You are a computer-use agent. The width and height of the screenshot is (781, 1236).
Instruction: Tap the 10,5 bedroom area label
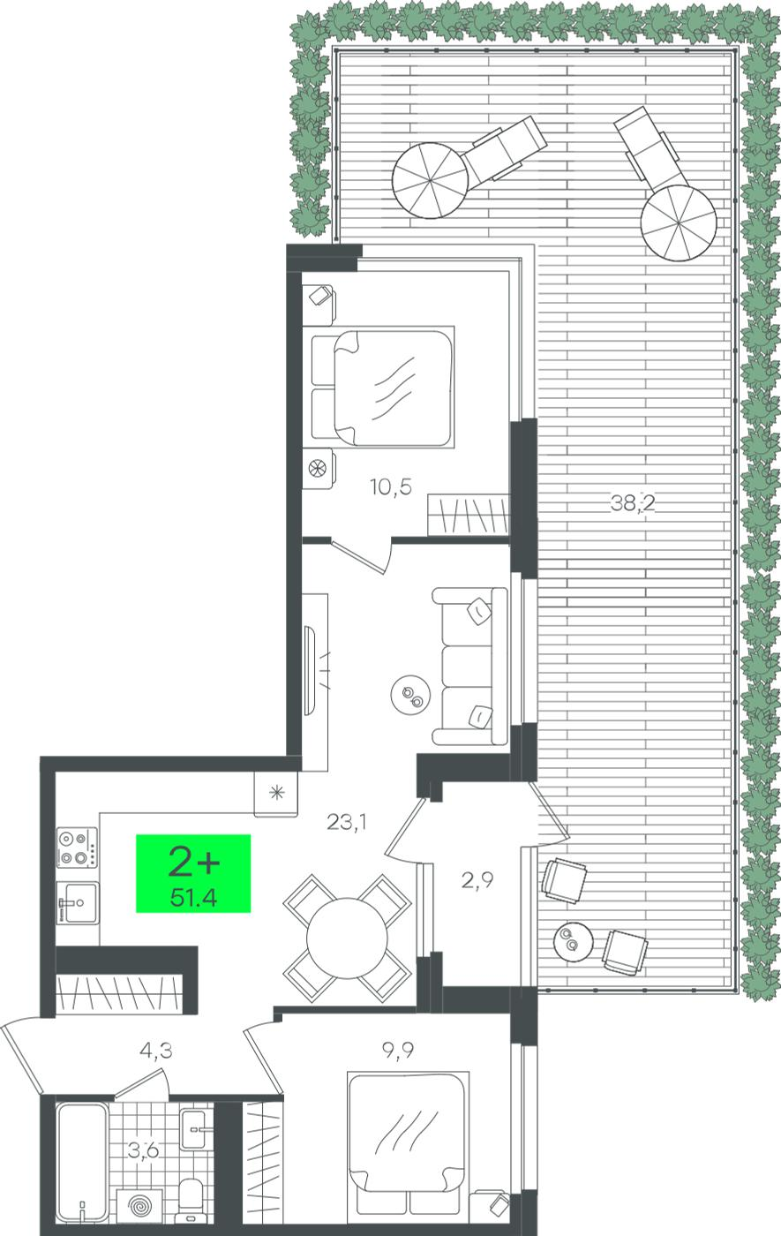click(x=391, y=486)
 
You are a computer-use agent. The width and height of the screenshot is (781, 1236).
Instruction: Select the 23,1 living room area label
click(x=347, y=823)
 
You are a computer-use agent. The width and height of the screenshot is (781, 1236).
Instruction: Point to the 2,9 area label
click(x=477, y=879)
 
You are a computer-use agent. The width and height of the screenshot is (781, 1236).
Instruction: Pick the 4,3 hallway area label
click(x=156, y=1050)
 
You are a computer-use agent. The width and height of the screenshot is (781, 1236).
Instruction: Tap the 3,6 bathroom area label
click(x=143, y=1150)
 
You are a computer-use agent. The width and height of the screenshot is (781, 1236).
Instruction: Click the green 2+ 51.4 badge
click(x=193, y=873)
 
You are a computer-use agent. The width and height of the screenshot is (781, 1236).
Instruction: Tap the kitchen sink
click(x=78, y=902)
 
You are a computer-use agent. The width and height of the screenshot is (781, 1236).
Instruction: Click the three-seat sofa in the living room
click(x=469, y=666)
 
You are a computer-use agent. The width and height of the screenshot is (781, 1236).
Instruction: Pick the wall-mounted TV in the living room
click(x=309, y=670)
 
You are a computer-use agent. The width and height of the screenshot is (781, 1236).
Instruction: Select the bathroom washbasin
click(x=194, y=1129)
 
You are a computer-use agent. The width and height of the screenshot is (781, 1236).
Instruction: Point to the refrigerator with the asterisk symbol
click(x=275, y=794)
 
